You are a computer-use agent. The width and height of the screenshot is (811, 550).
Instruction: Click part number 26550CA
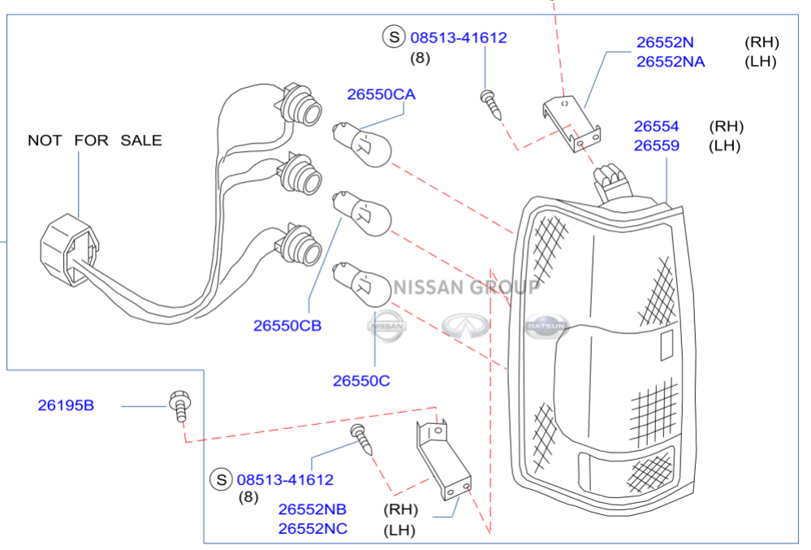[x=382, y=95]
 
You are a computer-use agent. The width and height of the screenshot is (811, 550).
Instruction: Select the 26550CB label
[x=287, y=326]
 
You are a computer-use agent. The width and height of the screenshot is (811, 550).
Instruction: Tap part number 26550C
[x=361, y=381]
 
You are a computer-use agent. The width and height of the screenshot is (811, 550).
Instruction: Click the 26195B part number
[x=66, y=405]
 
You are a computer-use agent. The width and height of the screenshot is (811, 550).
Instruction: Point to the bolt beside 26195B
[x=180, y=406]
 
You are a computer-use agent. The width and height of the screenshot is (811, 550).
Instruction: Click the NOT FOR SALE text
[x=95, y=141]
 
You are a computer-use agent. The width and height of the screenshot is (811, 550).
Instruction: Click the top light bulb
[x=361, y=144]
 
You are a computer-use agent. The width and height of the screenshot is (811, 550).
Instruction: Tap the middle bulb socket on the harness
[x=300, y=175]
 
